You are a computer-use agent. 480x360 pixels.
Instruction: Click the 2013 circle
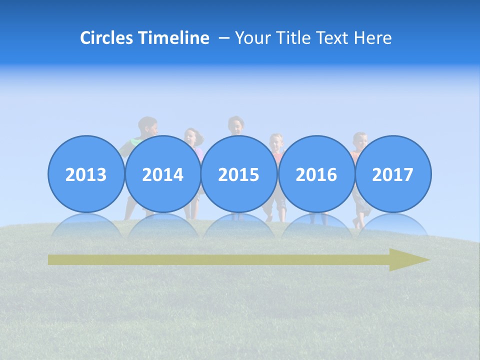tap(86, 174)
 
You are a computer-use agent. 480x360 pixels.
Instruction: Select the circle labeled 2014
tap(162, 174)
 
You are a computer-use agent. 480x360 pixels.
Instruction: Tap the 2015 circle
tap(239, 174)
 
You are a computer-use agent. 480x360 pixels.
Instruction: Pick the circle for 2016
tap(316, 174)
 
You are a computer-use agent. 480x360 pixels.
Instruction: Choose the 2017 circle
tap(392, 174)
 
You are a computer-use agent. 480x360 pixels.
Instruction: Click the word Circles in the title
tap(107, 38)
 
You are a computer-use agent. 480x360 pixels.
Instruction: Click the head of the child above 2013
tap(148, 126)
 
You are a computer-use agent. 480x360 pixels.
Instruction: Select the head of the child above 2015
tap(235, 125)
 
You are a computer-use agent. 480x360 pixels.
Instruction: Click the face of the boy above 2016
tap(276, 142)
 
